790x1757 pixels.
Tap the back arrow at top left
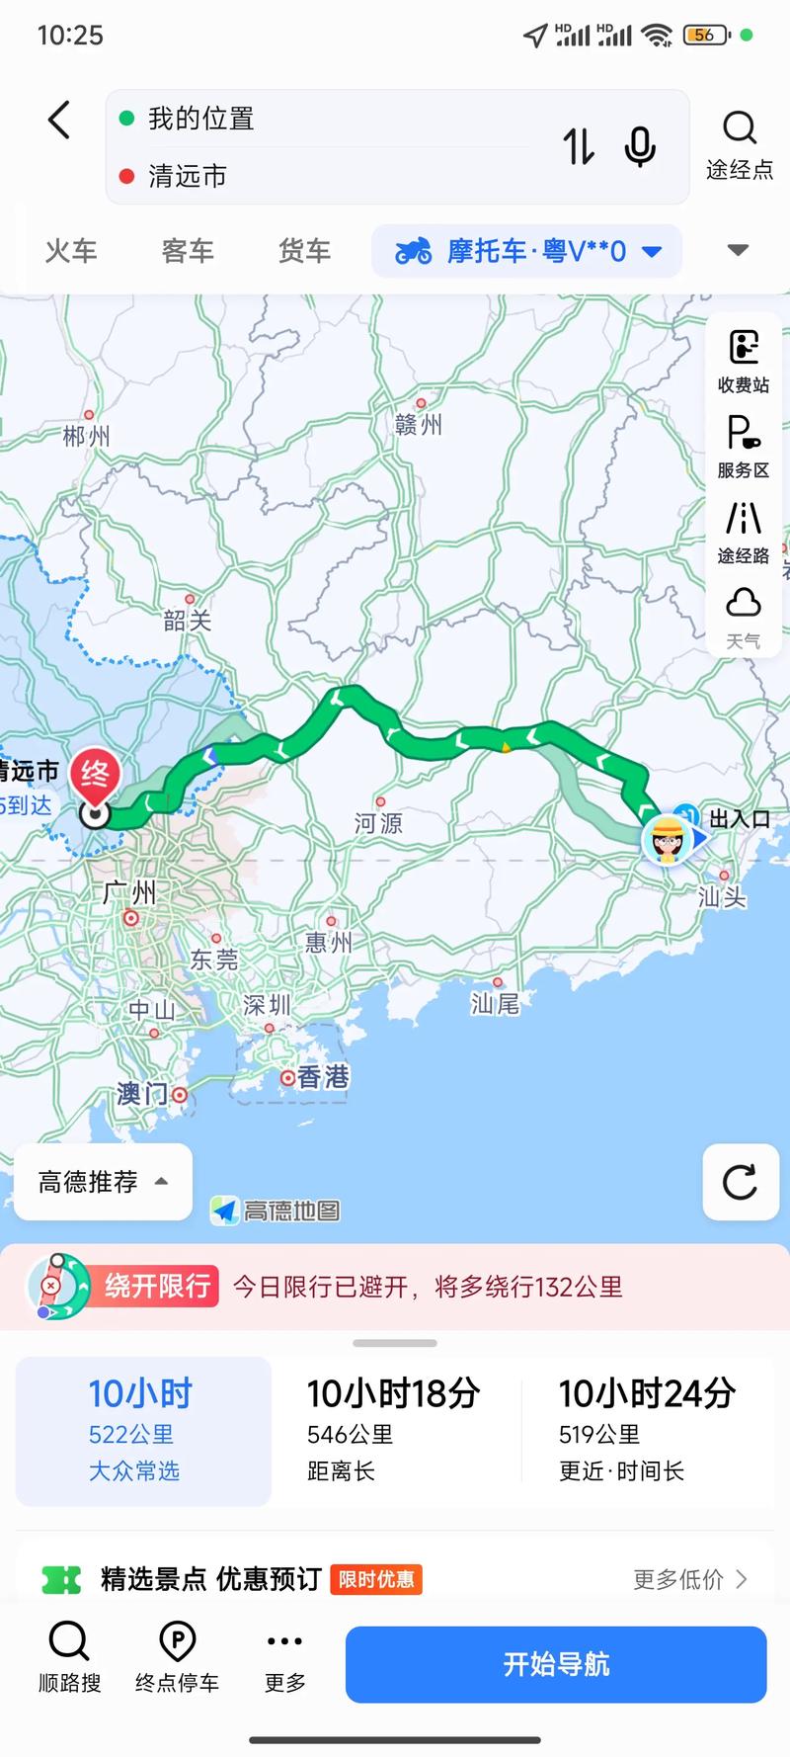(x=59, y=121)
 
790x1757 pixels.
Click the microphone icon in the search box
(x=640, y=147)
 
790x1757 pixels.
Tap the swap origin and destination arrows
(x=579, y=147)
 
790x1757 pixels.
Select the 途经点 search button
(x=739, y=144)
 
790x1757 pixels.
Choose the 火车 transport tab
(x=71, y=251)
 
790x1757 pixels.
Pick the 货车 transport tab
(x=304, y=251)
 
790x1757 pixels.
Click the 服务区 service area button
(x=744, y=447)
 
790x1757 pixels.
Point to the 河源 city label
(x=378, y=822)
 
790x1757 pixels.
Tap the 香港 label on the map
(x=322, y=1076)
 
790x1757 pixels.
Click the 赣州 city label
(x=419, y=424)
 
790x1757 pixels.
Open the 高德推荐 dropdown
(x=103, y=1182)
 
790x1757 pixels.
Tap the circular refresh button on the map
(x=740, y=1182)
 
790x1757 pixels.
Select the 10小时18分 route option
(x=394, y=1429)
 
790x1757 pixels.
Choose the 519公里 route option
(x=647, y=1429)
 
